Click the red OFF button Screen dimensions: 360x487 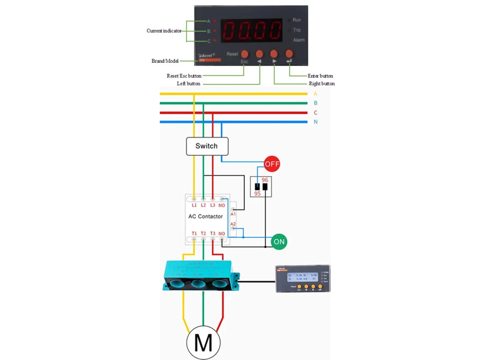pos(272,164)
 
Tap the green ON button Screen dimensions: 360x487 pos(279,241)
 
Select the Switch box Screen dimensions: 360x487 pos(207,146)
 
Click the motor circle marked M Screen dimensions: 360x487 pos(203,343)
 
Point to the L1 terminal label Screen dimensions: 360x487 pos(194,206)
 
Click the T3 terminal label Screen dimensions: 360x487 pos(213,234)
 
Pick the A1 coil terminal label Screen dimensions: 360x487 pos(233,214)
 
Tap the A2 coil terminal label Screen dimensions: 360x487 pos(233,224)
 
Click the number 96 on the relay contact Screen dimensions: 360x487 pos(265,180)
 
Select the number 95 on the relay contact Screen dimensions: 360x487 pos(257,193)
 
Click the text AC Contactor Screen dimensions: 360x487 pos(206,216)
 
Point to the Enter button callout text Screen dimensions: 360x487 pos(320,76)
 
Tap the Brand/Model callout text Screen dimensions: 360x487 pos(165,61)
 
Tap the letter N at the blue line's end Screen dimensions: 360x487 pos(316,122)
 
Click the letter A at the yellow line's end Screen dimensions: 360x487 pos(316,94)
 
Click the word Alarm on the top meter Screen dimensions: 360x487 pos(299,40)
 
